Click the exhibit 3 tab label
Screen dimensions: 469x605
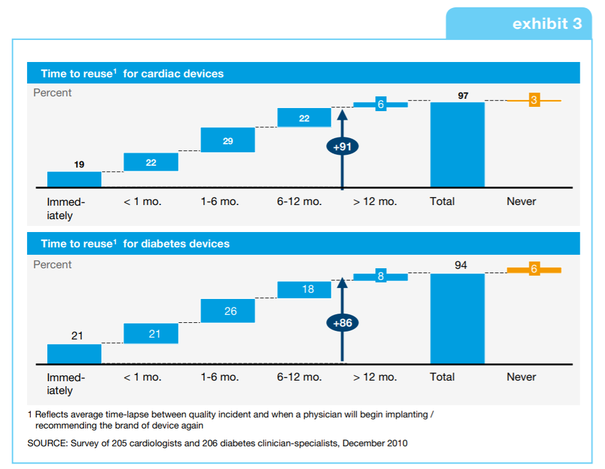(547, 24)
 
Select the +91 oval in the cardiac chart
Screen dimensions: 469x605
(342, 147)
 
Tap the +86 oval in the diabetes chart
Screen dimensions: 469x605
(342, 323)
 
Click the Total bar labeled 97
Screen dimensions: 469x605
(457, 145)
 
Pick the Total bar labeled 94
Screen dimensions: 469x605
(457, 319)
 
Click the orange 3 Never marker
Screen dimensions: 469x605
(534, 100)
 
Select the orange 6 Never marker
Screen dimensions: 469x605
(534, 269)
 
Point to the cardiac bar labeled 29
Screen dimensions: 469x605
(228, 140)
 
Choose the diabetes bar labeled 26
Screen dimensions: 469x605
(228, 311)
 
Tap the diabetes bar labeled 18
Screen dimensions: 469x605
(304, 289)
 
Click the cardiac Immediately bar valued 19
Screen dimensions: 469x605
(74, 179)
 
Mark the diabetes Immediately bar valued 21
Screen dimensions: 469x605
(74, 354)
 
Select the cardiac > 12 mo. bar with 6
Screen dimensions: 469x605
(380, 104)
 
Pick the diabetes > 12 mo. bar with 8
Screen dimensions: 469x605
(380, 276)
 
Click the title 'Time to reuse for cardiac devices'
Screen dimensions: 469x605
(132, 74)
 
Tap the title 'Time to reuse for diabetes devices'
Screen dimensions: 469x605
(135, 244)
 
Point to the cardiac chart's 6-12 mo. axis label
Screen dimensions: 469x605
(299, 201)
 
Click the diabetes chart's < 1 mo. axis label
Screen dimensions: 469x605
(142, 377)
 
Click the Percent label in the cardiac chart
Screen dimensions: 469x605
(52, 93)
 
